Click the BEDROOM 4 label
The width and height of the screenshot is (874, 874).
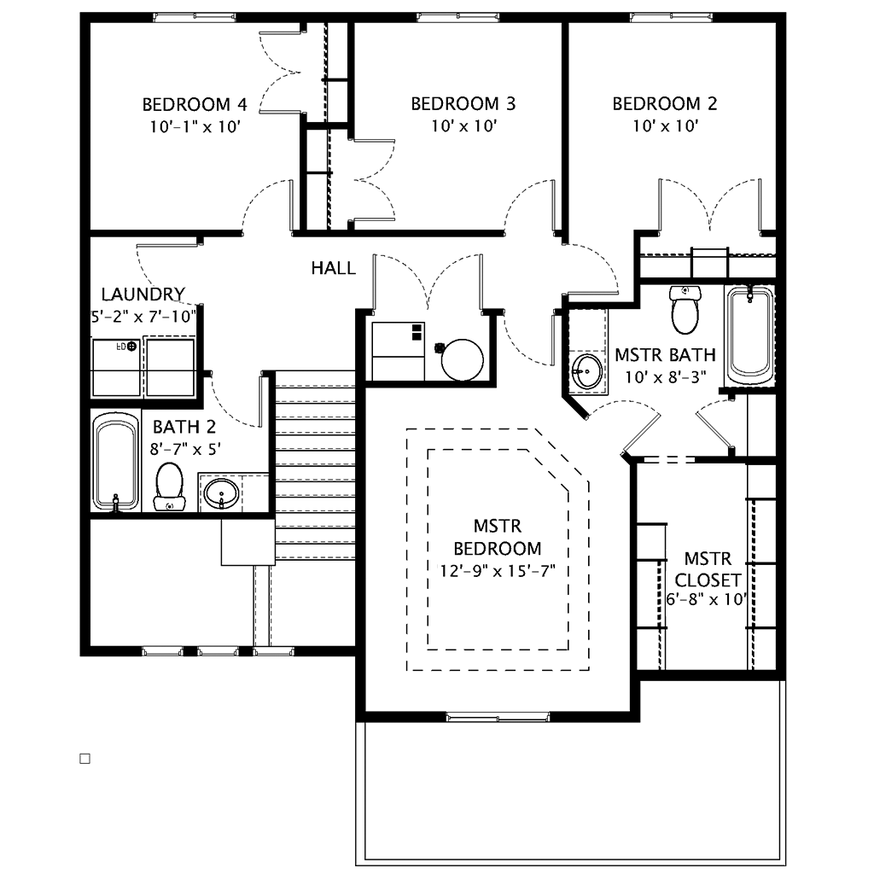[194, 104]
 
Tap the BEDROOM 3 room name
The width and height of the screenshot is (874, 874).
[463, 103]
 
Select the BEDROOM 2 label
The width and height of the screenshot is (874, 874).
[664, 103]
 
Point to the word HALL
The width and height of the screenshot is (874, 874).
[334, 268]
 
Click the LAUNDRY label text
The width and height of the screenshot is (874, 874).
[143, 294]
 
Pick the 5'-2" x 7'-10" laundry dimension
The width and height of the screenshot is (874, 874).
[143, 317]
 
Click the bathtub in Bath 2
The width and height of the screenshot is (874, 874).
[115, 462]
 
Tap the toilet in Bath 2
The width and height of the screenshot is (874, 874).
[169, 486]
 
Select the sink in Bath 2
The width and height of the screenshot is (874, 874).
[221, 493]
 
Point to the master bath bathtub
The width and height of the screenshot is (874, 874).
[750, 335]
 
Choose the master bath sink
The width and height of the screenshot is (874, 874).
[587, 370]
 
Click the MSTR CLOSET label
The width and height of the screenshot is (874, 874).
[708, 569]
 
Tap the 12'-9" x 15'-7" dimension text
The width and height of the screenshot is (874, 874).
[498, 571]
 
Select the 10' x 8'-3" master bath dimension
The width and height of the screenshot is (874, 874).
[665, 377]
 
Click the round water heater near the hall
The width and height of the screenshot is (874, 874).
[462, 359]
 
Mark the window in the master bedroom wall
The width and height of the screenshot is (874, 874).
[498, 717]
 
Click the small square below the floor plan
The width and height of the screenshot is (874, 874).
[85, 759]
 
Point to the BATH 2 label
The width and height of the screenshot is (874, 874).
[184, 427]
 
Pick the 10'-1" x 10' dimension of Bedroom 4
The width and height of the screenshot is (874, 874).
[195, 127]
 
